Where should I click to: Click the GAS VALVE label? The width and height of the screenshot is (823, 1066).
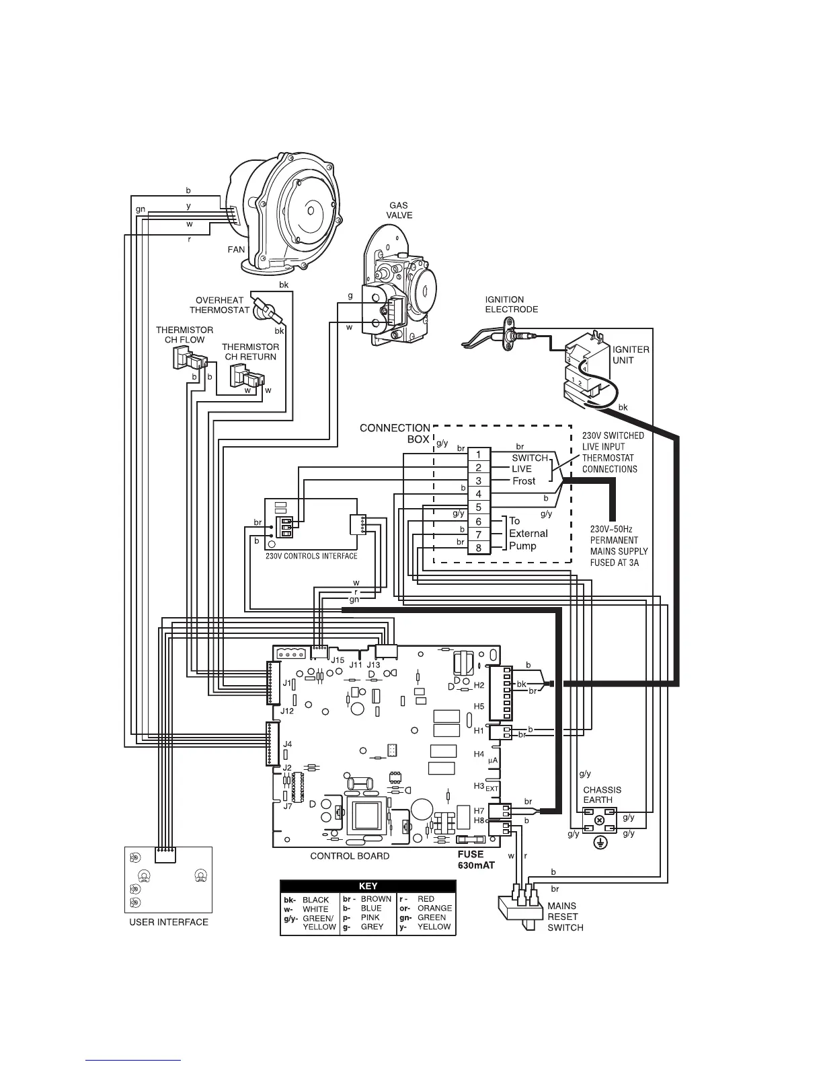[x=399, y=211]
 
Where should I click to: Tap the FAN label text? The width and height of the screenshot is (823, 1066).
[x=236, y=250]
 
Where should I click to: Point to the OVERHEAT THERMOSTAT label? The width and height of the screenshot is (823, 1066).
[x=219, y=306]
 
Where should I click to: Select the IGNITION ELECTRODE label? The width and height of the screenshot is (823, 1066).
[x=511, y=304]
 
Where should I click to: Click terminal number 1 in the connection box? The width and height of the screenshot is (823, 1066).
[x=479, y=456]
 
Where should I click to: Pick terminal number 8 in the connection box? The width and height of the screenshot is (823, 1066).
[x=479, y=548]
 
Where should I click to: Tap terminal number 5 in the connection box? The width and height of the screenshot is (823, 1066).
[x=479, y=507]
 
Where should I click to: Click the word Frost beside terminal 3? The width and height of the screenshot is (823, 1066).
[x=524, y=481]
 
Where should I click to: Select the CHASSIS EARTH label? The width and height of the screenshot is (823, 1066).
[x=602, y=795]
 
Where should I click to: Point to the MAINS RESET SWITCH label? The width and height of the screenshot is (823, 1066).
[x=565, y=917]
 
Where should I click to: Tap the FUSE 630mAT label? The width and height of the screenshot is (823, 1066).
[x=476, y=860]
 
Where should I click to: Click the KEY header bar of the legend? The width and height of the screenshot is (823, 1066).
[x=368, y=886]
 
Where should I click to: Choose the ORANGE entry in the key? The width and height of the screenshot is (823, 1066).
[x=434, y=908]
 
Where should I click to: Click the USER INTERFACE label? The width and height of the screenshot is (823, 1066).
[x=169, y=922]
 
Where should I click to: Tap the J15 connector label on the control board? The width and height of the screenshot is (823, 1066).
[x=338, y=660]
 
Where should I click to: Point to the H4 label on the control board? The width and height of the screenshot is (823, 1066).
[x=479, y=754]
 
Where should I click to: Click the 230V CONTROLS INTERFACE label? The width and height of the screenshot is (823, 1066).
[x=311, y=557]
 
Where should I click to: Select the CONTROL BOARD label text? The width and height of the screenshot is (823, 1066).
[x=349, y=856]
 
